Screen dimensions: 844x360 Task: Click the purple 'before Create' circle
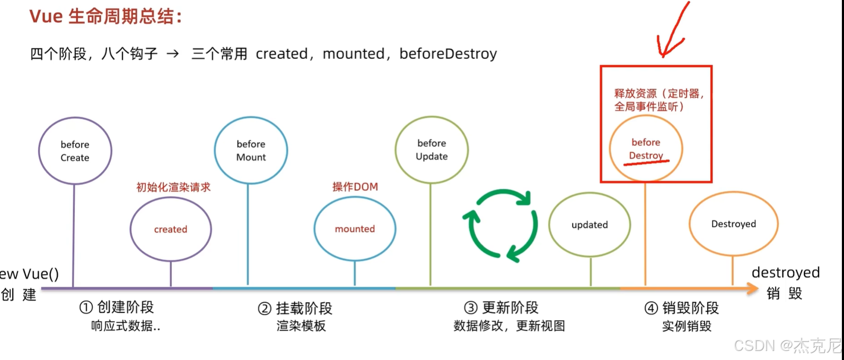pyautogui.click(x=75, y=151)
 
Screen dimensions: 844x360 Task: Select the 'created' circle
pyautogui.click(x=171, y=230)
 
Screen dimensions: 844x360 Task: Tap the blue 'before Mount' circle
pyautogui.click(x=251, y=151)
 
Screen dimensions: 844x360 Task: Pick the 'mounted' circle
pyautogui.click(x=355, y=229)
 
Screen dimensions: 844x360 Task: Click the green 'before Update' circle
pyautogui.click(x=432, y=150)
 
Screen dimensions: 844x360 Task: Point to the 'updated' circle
pyautogui.click(x=590, y=225)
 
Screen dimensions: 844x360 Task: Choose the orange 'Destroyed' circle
pyautogui.click(x=733, y=224)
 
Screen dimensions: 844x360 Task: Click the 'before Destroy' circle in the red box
pyautogui.click(x=646, y=149)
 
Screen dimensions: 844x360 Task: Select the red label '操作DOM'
pyautogui.click(x=355, y=187)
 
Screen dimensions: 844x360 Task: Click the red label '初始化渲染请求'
pyautogui.click(x=173, y=187)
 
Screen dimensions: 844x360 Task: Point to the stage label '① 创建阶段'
pyautogui.click(x=117, y=307)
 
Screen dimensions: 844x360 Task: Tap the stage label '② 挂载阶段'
pyautogui.click(x=295, y=308)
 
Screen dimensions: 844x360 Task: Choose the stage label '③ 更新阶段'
pyautogui.click(x=501, y=308)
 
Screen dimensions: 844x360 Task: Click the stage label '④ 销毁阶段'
pyautogui.click(x=682, y=308)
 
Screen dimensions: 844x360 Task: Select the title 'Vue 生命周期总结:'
pyautogui.click(x=106, y=16)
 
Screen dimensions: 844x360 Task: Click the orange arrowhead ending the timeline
pyautogui.click(x=753, y=288)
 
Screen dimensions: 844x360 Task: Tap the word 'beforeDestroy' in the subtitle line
pyautogui.click(x=448, y=54)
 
